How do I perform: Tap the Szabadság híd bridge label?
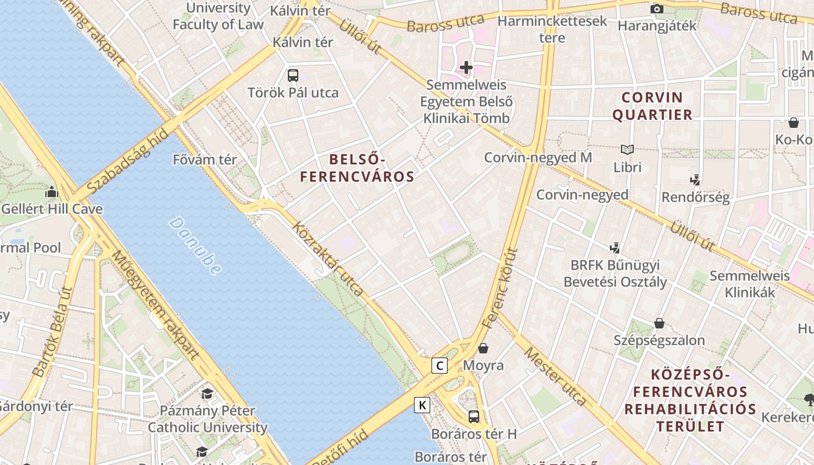(x=128, y=163)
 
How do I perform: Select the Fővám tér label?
(x=205, y=159)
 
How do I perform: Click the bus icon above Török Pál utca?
(x=293, y=75)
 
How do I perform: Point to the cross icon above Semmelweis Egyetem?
(x=466, y=67)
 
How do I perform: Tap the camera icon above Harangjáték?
(x=657, y=9)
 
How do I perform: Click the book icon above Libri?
(x=627, y=149)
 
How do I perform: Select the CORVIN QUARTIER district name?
(x=652, y=106)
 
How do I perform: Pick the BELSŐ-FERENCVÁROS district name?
(x=357, y=168)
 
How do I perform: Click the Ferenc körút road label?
(x=499, y=287)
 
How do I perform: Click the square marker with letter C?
(x=440, y=366)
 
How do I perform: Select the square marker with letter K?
(x=422, y=405)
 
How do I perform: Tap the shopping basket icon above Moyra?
(x=483, y=348)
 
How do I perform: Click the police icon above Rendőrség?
(x=695, y=180)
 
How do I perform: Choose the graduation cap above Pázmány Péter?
(x=208, y=394)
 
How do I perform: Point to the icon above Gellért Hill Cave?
(x=52, y=192)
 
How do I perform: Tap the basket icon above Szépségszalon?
(x=659, y=323)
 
